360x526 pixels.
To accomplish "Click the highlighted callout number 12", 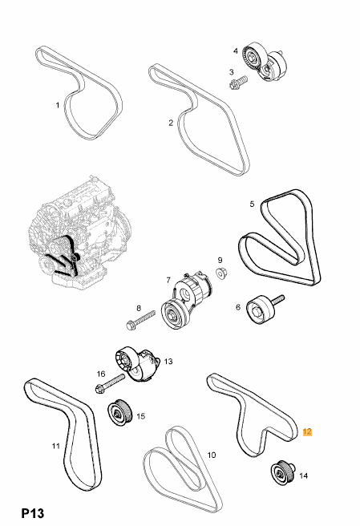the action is tap(307, 431).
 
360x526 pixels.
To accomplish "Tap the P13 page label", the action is tap(33, 513).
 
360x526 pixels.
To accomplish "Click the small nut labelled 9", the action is tap(220, 273).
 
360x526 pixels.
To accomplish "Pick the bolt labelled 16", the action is tap(110, 383).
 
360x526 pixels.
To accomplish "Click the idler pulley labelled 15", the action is tap(120, 412).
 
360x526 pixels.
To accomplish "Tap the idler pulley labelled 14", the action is tap(282, 472).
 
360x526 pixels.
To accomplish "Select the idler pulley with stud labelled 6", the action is tap(265, 308).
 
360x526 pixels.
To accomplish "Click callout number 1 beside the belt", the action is tap(58, 105).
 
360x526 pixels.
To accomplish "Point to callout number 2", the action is tap(171, 123).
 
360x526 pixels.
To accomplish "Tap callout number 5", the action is tap(252, 204).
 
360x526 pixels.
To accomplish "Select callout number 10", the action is tap(212, 455).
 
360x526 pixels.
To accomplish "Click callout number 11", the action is tap(55, 446).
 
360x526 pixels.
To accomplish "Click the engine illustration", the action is tap(79, 233).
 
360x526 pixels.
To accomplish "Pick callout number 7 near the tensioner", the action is tap(168, 280).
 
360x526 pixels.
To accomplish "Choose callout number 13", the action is tap(168, 362).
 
